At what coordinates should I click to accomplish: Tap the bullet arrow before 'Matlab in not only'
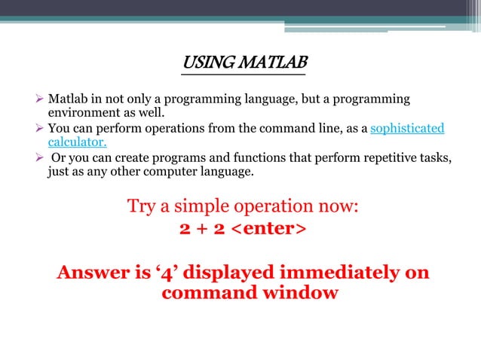coord(41,99)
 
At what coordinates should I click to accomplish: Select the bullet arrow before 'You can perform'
coord(41,129)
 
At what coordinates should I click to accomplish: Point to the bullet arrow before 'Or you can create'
coord(41,157)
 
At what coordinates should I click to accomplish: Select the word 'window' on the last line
coord(300,292)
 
